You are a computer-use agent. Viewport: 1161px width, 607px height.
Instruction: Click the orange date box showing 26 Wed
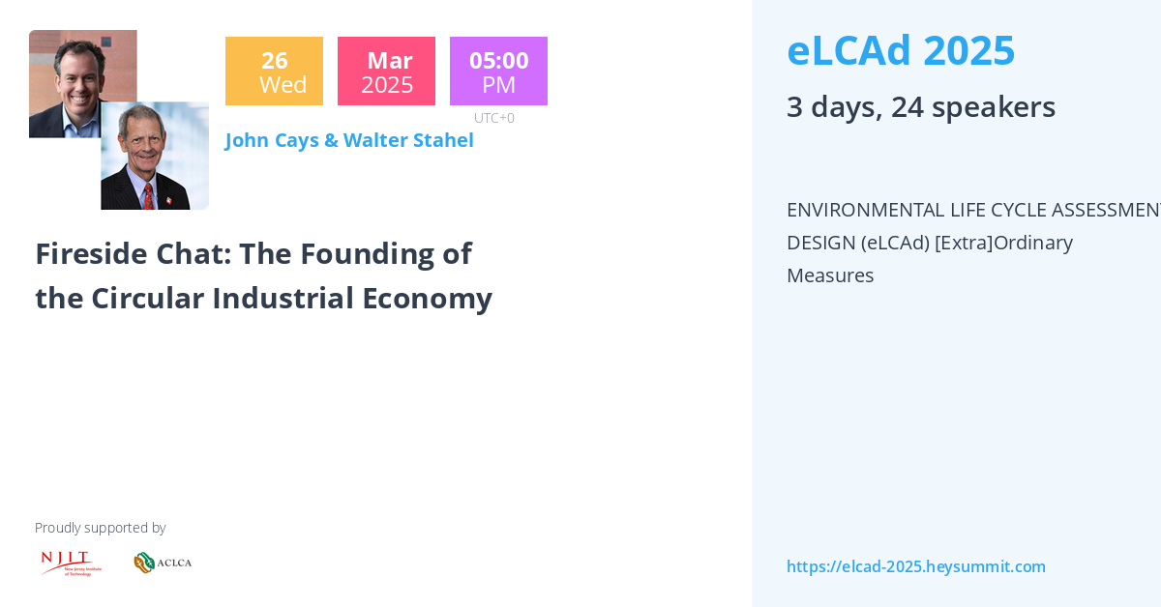tap(274, 72)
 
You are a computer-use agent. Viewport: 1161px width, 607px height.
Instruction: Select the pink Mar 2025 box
tap(386, 72)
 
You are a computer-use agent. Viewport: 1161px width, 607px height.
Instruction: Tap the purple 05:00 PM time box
tap(498, 72)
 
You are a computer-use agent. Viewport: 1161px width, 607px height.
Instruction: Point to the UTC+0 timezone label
tap(493, 118)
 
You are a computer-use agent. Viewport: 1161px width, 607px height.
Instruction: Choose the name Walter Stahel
tap(409, 140)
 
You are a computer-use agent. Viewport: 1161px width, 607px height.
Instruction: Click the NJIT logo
tap(71, 563)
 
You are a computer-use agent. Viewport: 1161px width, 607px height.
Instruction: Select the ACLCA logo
tap(163, 563)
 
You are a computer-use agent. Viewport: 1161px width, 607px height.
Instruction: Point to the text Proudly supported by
tap(100, 528)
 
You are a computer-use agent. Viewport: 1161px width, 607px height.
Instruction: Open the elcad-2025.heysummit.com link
tap(915, 566)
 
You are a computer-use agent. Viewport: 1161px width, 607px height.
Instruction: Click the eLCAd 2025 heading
tap(901, 50)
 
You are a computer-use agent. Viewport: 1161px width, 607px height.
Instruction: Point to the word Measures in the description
tap(830, 275)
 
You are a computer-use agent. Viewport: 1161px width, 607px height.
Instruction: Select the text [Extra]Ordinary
tap(1003, 243)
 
